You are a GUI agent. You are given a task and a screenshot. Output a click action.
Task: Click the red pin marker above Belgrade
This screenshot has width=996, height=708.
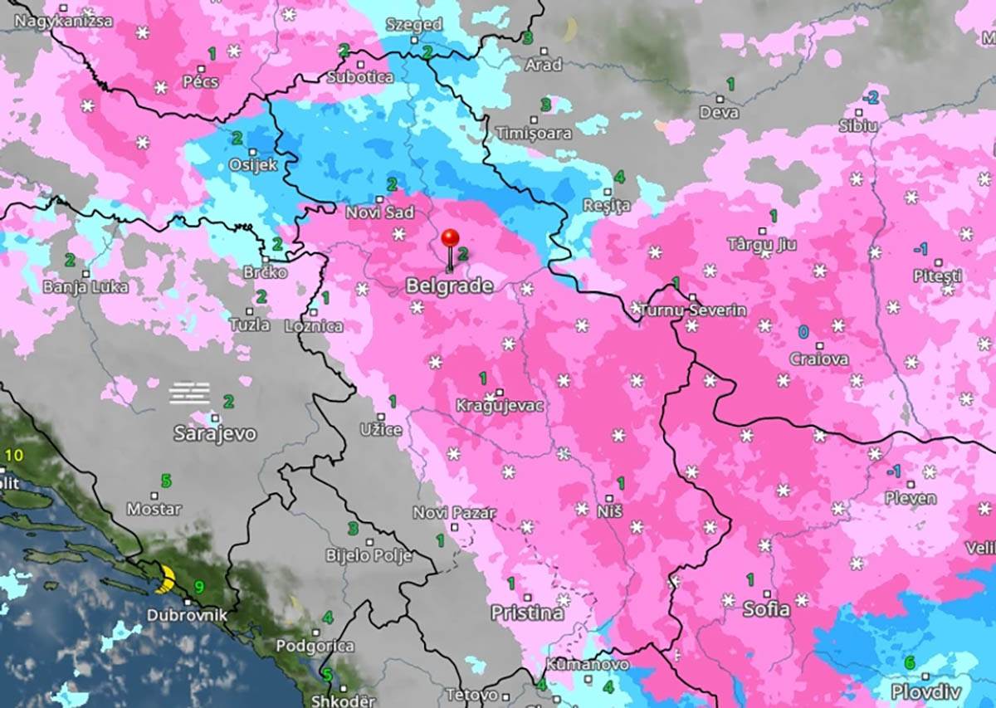point(450,239)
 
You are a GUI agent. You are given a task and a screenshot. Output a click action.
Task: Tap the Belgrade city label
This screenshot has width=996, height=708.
point(448,286)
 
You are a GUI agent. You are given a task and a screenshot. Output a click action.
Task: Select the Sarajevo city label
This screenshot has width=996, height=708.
point(215,433)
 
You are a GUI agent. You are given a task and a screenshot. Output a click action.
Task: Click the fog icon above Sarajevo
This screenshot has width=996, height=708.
point(190,393)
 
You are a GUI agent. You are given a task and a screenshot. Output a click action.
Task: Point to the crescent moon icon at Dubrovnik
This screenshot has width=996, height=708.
point(168,578)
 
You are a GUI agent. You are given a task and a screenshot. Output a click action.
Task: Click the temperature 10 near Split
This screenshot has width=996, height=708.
point(14,455)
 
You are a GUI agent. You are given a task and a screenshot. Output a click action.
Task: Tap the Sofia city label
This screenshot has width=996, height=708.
point(766,608)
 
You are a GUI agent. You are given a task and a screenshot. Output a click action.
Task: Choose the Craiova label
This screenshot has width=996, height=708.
point(819,359)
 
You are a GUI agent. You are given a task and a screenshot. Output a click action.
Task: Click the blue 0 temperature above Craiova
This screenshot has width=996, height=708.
point(803,332)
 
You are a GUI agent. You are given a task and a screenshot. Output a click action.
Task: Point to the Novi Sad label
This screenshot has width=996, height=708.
point(379,212)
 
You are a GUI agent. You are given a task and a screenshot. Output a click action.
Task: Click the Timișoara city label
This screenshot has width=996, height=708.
point(534,133)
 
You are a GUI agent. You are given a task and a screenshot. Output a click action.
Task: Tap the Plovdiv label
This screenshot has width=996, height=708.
point(925,691)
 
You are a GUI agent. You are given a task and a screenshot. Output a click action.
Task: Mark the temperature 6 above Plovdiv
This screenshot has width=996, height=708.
point(909,662)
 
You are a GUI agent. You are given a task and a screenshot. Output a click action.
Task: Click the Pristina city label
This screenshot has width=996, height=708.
point(527,613)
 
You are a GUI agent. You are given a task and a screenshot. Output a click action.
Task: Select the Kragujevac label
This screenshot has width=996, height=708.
point(500,406)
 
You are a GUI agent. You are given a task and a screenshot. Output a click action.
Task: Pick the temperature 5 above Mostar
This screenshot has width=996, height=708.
point(166,480)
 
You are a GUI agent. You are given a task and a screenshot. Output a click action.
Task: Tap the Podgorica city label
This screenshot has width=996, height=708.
point(315,646)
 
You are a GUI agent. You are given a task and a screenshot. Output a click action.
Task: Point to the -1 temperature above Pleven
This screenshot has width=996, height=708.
point(893,471)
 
